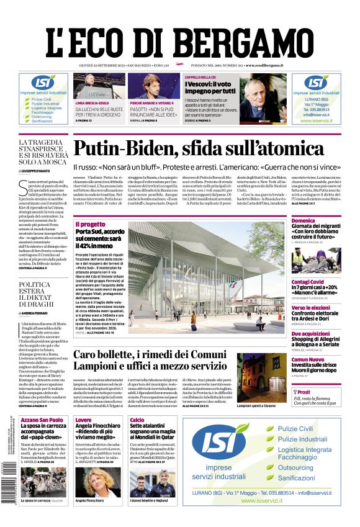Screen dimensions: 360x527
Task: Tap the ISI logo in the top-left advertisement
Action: (42, 82)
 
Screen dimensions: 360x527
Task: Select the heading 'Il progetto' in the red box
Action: (91, 224)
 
